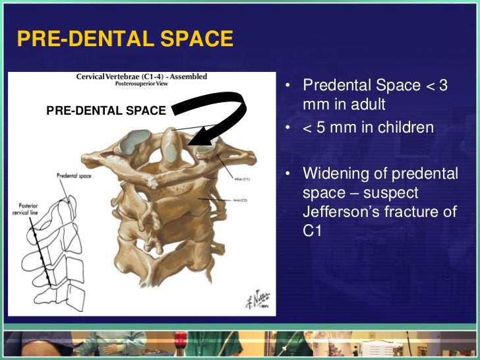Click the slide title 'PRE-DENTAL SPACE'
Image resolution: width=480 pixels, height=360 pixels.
point(125,39)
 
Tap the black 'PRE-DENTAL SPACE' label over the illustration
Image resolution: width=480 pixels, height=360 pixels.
point(105,111)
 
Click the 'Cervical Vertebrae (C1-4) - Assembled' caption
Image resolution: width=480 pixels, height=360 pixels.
point(141,77)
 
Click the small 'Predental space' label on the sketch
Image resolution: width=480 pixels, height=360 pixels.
point(75,175)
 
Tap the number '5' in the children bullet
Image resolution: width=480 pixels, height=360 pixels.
point(318,127)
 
